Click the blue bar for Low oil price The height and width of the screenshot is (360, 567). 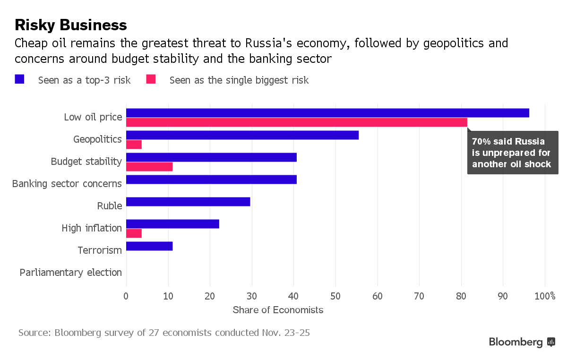tap(327, 113)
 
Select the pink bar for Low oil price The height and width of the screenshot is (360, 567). tap(297, 122)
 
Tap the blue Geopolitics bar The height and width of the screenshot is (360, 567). tap(242, 135)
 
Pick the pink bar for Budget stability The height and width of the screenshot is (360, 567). tap(149, 167)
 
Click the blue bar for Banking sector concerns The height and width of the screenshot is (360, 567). tap(211, 180)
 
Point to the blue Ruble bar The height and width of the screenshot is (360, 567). tap(188, 202)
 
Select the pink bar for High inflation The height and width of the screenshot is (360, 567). tap(134, 233)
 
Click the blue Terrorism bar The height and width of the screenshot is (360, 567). tap(149, 246)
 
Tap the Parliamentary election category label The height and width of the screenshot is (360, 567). tap(71, 273)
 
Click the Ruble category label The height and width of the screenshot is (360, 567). tap(110, 206)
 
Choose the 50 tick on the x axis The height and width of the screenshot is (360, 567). tap(335, 296)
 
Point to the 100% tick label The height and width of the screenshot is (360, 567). tap(545, 296)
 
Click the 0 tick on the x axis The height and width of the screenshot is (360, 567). tap(126, 296)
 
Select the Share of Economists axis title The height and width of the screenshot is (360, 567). tap(278, 310)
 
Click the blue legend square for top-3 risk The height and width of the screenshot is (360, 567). tap(19, 79)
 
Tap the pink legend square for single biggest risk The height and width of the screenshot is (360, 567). tap(151, 79)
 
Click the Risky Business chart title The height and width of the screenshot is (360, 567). tap(71, 25)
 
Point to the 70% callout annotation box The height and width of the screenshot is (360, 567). tap(512, 153)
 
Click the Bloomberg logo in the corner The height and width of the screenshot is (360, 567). tap(522, 342)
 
